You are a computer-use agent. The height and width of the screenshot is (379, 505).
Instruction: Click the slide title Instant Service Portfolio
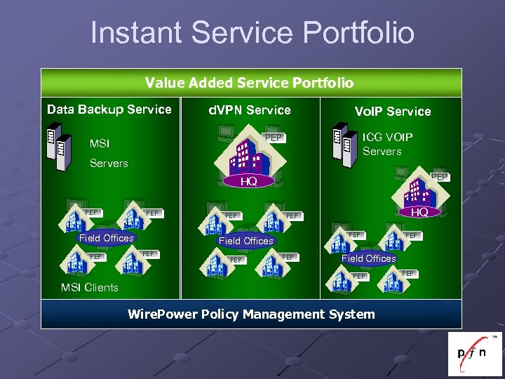[252, 32]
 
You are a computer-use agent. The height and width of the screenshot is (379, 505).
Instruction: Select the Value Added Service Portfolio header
[250, 83]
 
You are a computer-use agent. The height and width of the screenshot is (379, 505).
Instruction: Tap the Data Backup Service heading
[109, 109]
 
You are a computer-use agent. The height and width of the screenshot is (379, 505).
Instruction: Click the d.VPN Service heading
[250, 110]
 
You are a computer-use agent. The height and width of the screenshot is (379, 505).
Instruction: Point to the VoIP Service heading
[392, 111]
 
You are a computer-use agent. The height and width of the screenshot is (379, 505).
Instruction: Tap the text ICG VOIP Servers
[387, 144]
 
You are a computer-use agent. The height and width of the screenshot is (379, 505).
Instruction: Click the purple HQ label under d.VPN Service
[246, 182]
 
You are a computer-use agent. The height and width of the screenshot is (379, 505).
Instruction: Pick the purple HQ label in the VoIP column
[419, 212]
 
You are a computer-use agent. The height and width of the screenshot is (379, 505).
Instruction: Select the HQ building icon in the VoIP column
[419, 189]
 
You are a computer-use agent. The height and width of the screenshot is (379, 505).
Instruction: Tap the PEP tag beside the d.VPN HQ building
[274, 138]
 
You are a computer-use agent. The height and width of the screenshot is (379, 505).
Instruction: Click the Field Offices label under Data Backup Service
[106, 238]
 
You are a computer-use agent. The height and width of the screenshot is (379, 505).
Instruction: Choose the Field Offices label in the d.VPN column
[245, 241]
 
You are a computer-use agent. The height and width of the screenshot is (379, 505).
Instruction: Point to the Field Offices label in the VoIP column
[368, 258]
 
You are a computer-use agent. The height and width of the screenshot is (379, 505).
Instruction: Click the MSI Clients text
[89, 287]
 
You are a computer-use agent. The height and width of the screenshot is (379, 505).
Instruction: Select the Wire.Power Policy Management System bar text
[251, 314]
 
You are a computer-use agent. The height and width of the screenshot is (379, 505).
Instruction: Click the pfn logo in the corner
[474, 354]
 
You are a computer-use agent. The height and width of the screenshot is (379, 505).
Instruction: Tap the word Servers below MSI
[109, 163]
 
